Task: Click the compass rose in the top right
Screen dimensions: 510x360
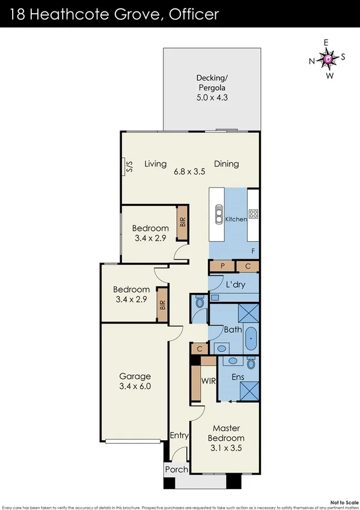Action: coord(327,59)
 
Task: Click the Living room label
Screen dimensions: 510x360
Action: coord(155,164)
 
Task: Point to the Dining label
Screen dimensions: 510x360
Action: coord(227,164)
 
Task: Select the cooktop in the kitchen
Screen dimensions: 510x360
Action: coord(253,213)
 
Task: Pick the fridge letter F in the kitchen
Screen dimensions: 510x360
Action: coord(253,251)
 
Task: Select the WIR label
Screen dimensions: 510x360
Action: coord(209,381)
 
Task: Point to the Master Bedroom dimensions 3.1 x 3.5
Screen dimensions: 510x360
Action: coord(227,447)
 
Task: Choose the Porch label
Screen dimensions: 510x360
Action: coord(177,469)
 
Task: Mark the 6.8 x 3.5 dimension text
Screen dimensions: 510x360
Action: coord(190,171)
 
